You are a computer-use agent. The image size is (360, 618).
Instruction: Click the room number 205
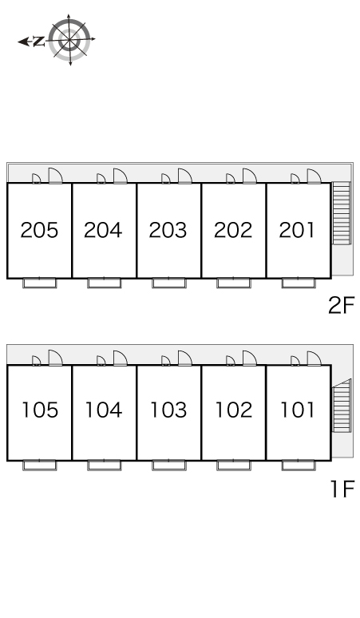pos(39,230)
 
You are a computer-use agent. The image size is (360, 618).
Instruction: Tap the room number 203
pos(168,230)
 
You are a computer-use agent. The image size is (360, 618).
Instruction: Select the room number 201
pos(297,230)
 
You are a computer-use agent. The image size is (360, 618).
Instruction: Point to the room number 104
pos(104,410)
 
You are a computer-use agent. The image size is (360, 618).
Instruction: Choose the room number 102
pos(233,410)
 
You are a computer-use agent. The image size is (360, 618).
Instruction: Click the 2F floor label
pos(342,305)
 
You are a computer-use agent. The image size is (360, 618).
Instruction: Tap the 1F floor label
pos(342,489)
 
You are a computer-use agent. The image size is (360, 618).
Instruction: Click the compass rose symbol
pos(69,40)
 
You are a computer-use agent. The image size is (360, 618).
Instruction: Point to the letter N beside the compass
pos(38,41)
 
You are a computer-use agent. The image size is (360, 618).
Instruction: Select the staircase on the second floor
pos(342,213)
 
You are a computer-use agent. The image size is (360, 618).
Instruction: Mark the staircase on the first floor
pos(342,405)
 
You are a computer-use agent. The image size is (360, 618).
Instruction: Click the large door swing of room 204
pos(120,176)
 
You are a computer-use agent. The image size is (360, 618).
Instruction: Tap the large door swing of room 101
pos(314,358)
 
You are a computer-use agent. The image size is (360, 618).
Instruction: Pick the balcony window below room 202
pos(234,283)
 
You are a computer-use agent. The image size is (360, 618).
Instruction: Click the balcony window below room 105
pos(39,465)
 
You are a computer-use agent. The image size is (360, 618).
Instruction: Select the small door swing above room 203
pos(166,179)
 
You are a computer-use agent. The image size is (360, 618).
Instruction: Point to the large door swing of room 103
pos(184,358)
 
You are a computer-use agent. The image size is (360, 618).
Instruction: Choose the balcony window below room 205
pos(39,283)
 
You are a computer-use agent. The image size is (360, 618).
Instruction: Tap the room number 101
pos(297,410)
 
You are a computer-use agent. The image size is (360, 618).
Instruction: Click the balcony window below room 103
pos(169,465)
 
